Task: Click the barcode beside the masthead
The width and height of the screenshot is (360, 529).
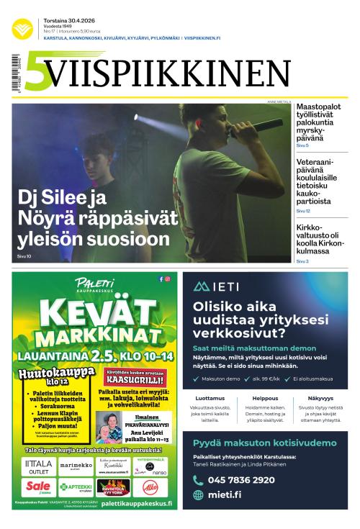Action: point(16,72)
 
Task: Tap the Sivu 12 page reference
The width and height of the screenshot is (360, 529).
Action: point(302,212)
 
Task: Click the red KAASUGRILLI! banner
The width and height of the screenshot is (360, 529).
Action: point(132,378)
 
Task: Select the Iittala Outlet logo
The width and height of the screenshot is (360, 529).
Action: point(39,465)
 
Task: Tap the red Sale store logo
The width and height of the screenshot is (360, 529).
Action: point(37,487)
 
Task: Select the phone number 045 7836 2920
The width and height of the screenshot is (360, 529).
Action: point(240,480)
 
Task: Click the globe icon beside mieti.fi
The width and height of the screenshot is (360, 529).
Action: point(198,495)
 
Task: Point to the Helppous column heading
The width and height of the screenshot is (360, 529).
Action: point(265,397)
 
